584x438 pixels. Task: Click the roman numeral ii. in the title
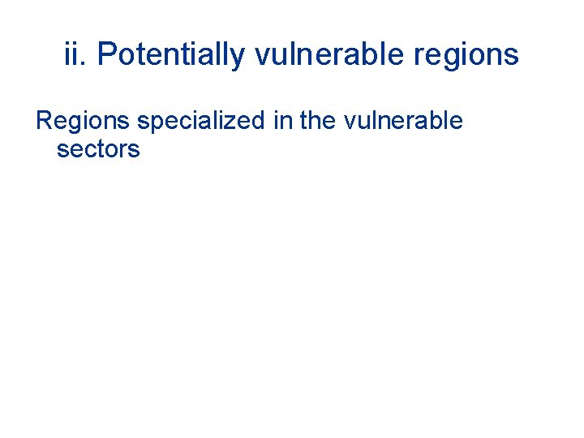pyautogui.click(x=75, y=54)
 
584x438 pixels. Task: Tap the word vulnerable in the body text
pyautogui.click(x=404, y=122)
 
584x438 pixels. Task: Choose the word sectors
pyautogui.click(x=98, y=150)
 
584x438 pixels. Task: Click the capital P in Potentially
pyautogui.click(x=105, y=54)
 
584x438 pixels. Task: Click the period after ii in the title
pyautogui.click(x=85, y=63)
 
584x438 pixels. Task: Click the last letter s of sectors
pyautogui.click(x=134, y=151)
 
